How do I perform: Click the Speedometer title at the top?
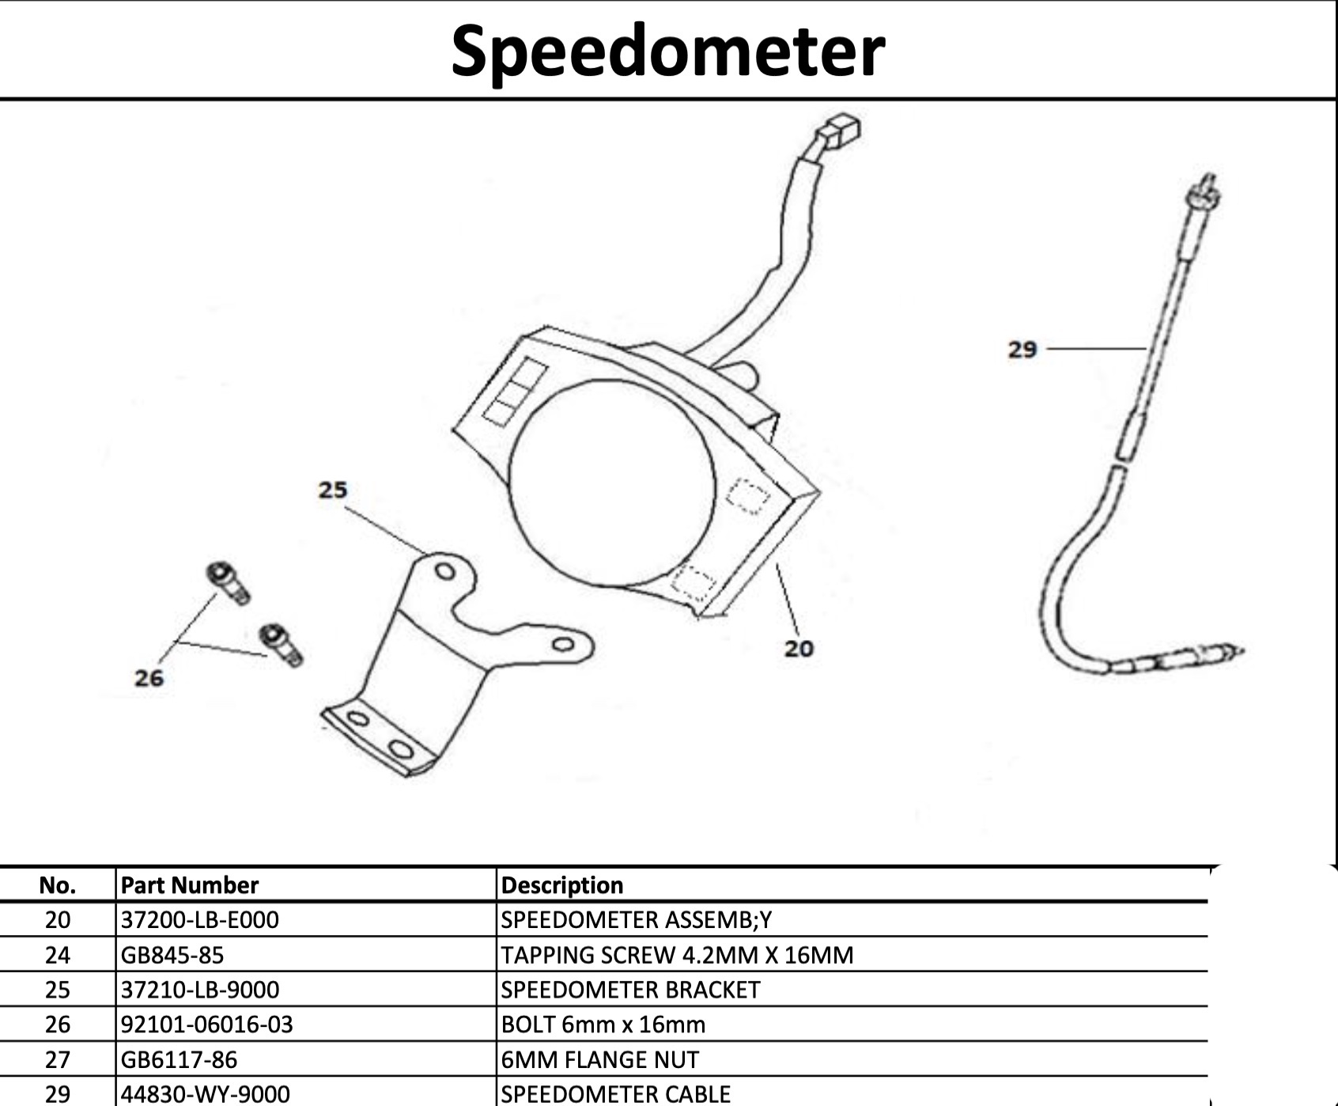pyautogui.click(x=667, y=51)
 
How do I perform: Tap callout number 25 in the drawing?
pyautogui.click(x=333, y=491)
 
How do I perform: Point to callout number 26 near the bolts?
pyautogui.click(x=149, y=678)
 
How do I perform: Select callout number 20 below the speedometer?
pyautogui.click(x=799, y=649)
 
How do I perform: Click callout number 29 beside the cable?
pyautogui.click(x=1022, y=349)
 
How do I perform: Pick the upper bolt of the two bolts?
pyautogui.click(x=228, y=582)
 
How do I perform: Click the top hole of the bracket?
pyautogui.click(x=445, y=571)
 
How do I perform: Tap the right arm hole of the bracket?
pyautogui.click(x=563, y=644)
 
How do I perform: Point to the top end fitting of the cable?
pyautogui.click(x=1204, y=195)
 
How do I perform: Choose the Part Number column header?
pyautogui.click(x=190, y=884)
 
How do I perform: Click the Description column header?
pyautogui.click(x=562, y=884)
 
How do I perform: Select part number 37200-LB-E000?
pyautogui.click(x=200, y=920)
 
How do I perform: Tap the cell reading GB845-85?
pyautogui.click(x=172, y=955)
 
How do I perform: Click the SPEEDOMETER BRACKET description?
pyautogui.click(x=630, y=990)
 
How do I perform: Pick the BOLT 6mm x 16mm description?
pyautogui.click(x=603, y=1025)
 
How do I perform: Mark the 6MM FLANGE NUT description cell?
pyautogui.click(x=600, y=1059)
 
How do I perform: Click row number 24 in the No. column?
pyautogui.click(x=58, y=955)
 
